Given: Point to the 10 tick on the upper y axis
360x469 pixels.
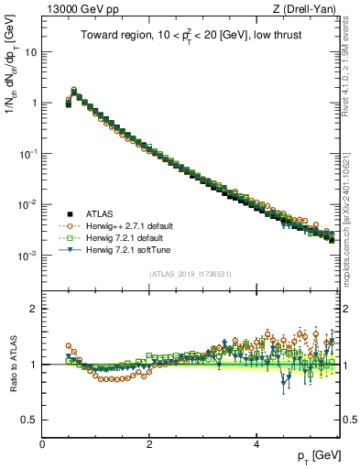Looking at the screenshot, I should (30, 52).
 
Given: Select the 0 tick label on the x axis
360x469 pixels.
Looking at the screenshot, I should (42, 444).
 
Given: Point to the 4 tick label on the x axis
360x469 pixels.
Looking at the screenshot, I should (256, 444).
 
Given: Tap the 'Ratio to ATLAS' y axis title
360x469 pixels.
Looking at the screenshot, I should (11, 366).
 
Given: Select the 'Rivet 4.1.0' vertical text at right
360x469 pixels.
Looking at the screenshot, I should (345, 64).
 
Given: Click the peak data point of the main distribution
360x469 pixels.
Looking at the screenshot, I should (74, 91).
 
